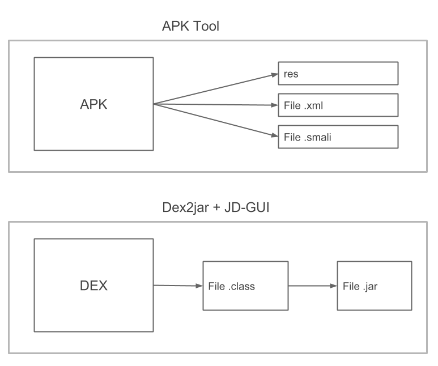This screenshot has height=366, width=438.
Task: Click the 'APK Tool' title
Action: coord(190,26)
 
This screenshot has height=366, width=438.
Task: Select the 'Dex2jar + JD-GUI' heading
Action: coord(216,207)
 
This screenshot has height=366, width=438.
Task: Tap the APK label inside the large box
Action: coord(93,104)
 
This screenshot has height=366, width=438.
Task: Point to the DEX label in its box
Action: coord(93,286)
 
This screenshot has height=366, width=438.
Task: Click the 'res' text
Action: coord(291,74)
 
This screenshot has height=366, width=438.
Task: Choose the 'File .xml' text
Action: coord(303,105)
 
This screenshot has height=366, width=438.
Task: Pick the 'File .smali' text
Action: coord(308,137)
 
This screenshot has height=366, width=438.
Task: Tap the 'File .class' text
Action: coord(232,286)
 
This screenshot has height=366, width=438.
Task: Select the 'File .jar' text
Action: coord(360,286)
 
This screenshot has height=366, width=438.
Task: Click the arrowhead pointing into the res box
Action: coord(275,75)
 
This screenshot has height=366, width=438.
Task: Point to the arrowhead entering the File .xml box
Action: coord(275,105)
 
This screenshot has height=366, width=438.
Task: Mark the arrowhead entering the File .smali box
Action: coord(275,135)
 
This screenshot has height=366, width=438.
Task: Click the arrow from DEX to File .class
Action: coord(178,286)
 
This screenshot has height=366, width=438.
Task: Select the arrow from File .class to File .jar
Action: coord(313,286)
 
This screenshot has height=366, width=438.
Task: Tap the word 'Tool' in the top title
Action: coord(206,26)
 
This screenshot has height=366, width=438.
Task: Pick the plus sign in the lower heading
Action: coord(216,208)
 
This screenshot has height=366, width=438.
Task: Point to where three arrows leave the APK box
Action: coord(154,104)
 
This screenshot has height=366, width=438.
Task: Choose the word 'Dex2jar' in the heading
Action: coord(185,207)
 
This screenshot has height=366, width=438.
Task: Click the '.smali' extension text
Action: coord(318,137)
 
